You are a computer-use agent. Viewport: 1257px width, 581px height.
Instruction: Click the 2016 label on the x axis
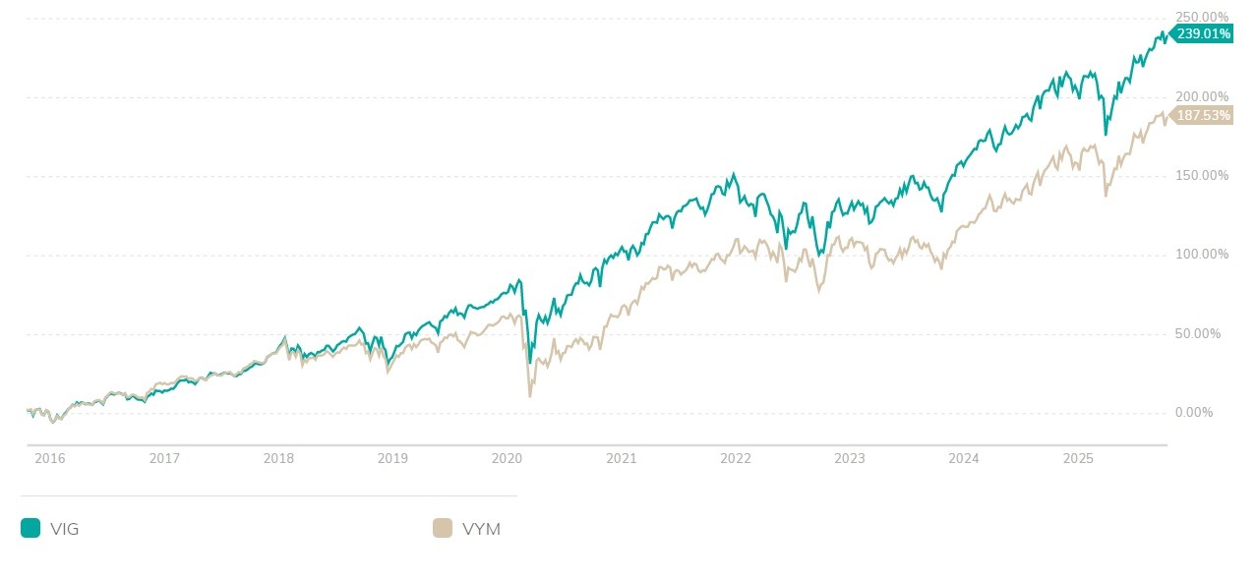(50, 459)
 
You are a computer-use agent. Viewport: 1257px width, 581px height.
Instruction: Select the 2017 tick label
(164, 459)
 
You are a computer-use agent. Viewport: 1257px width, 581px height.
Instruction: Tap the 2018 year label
(278, 459)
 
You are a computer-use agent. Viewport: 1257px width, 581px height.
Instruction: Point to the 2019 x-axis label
(392, 459)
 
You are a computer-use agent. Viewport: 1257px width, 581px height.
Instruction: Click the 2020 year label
(507, 459)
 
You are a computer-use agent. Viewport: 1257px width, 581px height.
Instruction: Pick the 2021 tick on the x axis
(621, 459)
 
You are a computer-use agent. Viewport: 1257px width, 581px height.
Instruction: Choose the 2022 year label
(735, 459)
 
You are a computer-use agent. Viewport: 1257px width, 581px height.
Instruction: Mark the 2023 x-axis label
(849, 459)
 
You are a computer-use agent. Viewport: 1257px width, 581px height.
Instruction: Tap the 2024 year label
(964, 459)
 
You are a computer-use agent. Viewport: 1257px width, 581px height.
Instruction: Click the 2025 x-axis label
(1078, 459)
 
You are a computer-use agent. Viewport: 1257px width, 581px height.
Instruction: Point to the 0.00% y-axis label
(1194, 413)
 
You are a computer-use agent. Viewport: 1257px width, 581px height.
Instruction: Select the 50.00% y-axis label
(1198, 334)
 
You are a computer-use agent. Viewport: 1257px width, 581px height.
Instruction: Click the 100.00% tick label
(1202, 255)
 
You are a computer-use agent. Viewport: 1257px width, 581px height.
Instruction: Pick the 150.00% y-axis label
(1202, 176)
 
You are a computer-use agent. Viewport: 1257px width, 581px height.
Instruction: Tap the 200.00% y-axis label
(1202, 96)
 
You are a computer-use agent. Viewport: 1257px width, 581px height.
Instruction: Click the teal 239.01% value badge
(1202, 33)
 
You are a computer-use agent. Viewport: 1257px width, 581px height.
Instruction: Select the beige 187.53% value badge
(1202, 115)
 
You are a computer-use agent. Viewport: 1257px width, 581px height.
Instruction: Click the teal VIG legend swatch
(30, 529)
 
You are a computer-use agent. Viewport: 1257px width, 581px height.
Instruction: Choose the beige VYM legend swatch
(443, 529)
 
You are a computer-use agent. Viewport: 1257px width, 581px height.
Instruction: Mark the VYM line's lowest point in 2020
(530, 396)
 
